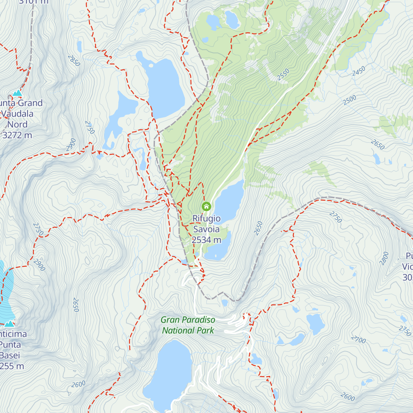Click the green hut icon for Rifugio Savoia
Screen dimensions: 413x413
(206, 206)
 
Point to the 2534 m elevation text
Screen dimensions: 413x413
(206, 240)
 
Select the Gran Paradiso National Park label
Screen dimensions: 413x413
(188, 325)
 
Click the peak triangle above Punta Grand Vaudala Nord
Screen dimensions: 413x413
(17, 93)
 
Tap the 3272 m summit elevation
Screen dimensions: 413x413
(17, 135)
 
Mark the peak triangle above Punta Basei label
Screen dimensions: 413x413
(9, 324)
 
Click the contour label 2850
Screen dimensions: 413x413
(74, 61)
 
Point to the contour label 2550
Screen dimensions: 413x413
(284, 75)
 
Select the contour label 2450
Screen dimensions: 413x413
(359, 71)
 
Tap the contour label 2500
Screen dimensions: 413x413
(350, 100)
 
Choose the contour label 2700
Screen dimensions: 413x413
(359, 340)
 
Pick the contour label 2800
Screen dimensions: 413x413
(384, 258)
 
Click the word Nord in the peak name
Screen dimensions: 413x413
(17, 125)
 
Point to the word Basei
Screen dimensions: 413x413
(10, 356)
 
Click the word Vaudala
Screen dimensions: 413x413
(17, 114)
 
